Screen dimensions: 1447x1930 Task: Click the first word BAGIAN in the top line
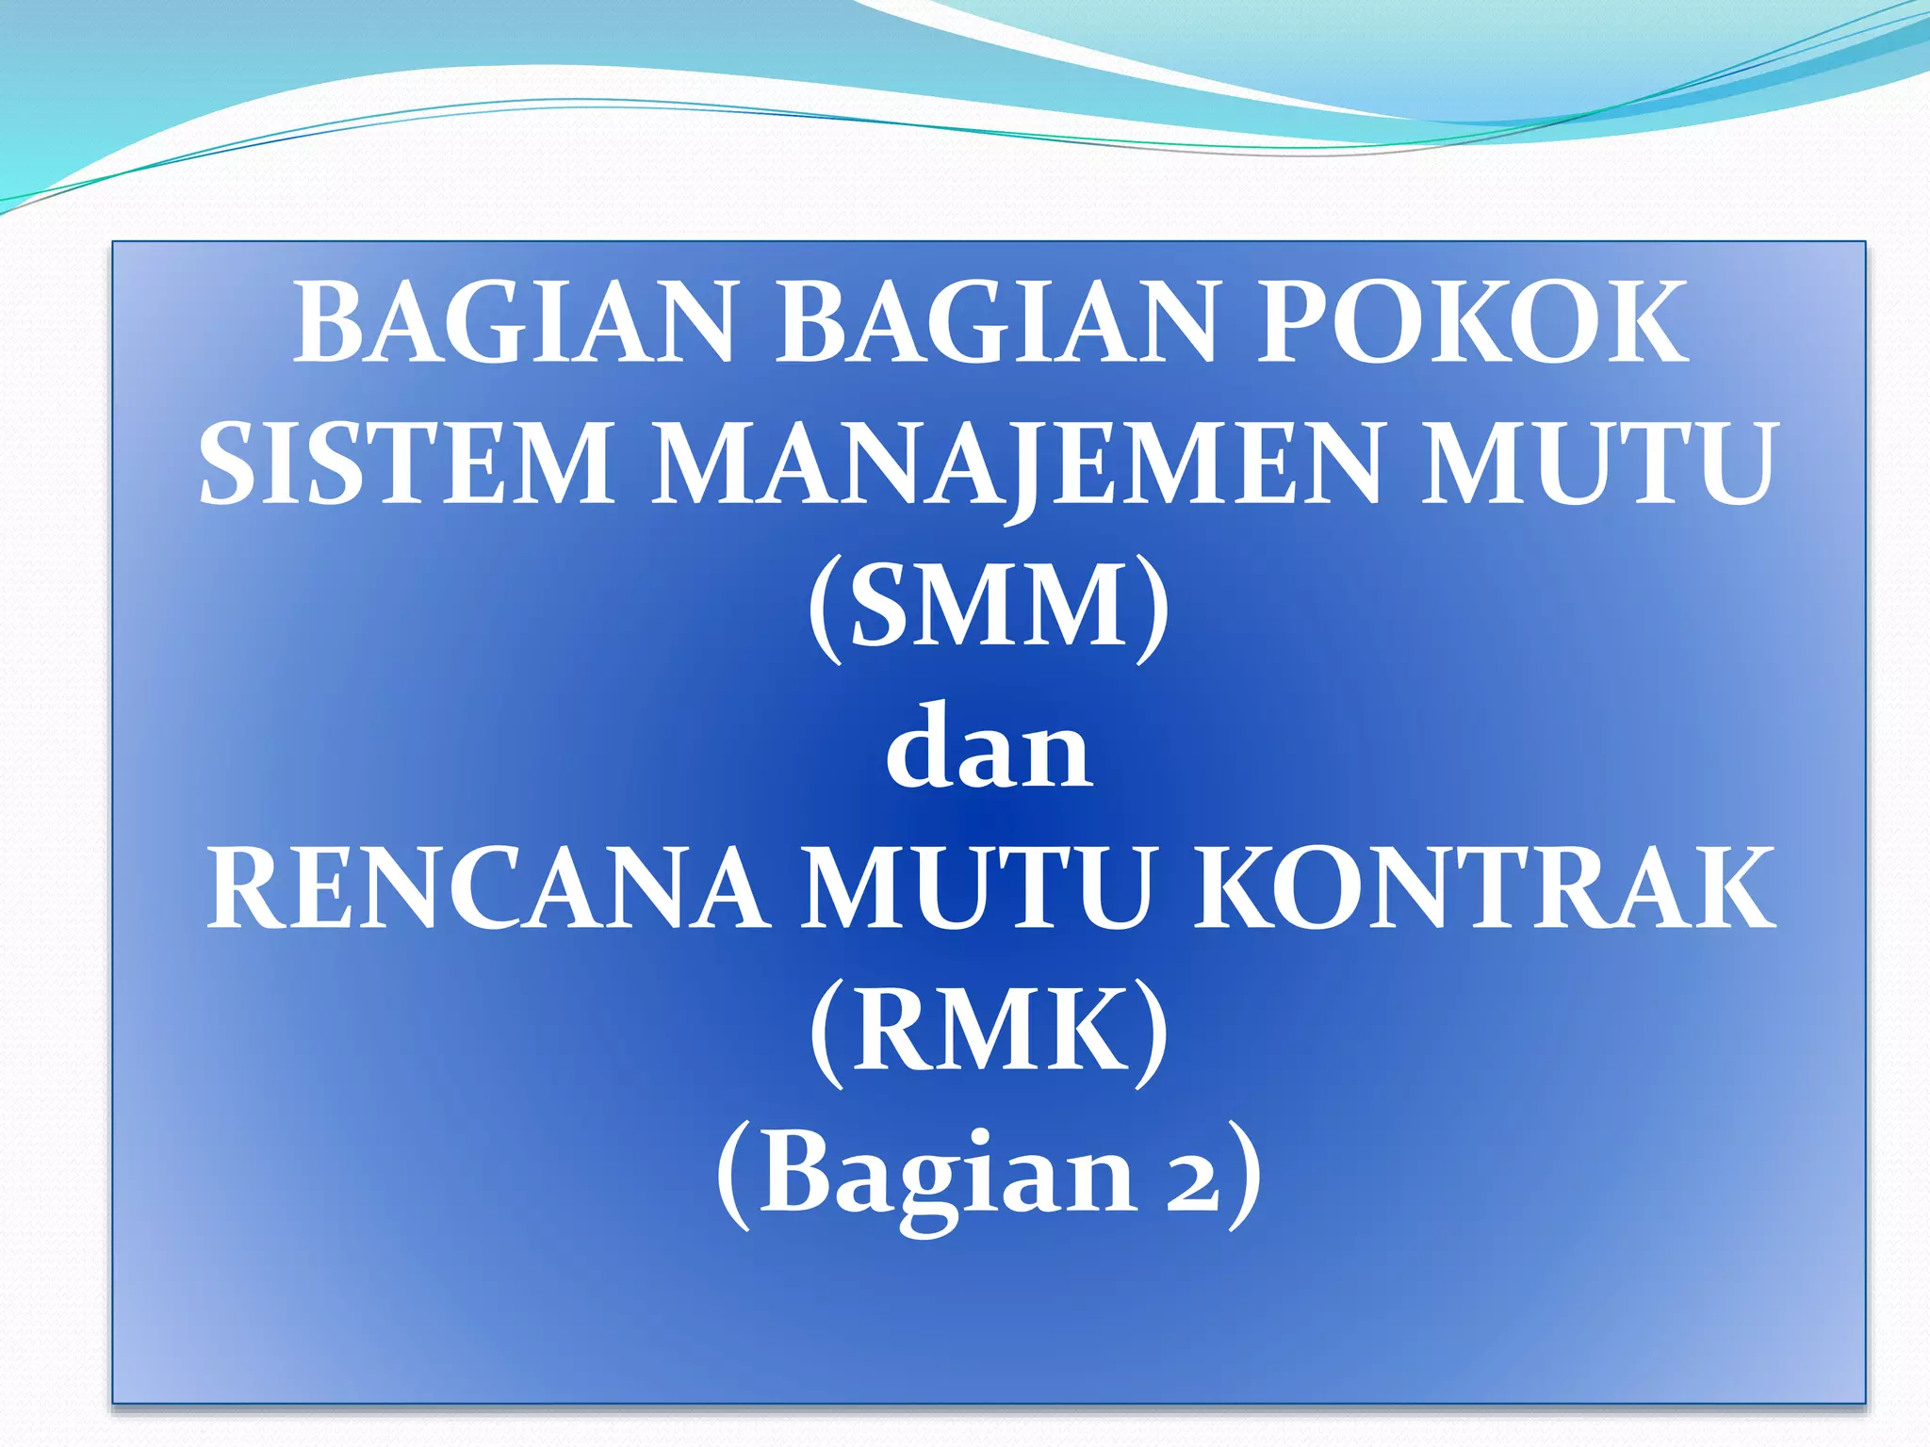coord(514,323)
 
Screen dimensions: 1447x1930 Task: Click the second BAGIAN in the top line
coord(996,323)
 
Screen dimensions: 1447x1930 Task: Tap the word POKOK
coord(1472,323)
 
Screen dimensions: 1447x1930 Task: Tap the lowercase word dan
coord(990,749)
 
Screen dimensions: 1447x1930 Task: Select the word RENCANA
coord(487,889)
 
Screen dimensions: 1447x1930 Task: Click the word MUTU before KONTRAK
coord(978,889)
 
